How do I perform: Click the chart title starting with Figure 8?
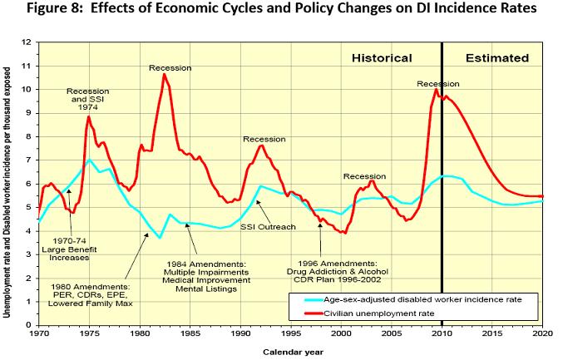[281, 10]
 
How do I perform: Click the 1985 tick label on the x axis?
[190, 334]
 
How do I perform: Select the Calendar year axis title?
[289, 353]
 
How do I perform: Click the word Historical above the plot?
[382, 58]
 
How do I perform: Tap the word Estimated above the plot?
[496, 58]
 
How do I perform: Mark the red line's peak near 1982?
[164, 74]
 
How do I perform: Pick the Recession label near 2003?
[364, 176]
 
